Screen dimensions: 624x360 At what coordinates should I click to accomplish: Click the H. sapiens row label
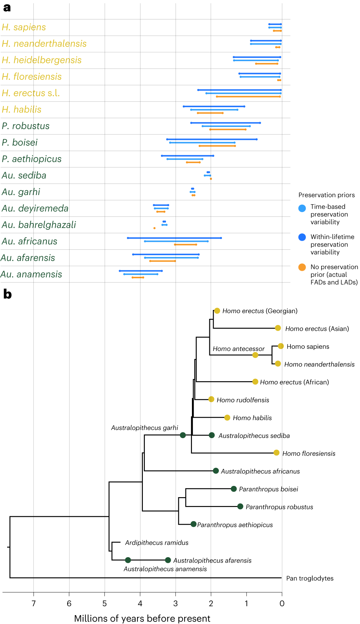pos(24,27)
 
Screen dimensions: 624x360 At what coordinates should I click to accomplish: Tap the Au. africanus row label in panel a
pos(29,241)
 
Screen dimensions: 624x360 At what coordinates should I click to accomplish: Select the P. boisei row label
pos(20,143)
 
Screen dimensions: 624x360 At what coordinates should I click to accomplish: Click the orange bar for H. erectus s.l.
pos(248,96)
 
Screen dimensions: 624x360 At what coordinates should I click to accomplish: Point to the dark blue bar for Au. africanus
pos(174,238)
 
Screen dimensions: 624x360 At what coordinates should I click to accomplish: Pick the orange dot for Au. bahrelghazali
pos(154,228)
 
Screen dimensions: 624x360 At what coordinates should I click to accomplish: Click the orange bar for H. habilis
pos(210,113)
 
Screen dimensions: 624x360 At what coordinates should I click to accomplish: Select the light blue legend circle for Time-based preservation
pos(302,208)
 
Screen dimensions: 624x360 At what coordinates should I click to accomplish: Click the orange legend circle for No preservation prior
pos(302,267)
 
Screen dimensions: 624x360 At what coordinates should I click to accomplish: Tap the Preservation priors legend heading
pos(326,195)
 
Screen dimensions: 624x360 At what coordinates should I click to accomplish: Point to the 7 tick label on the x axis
pos(33,603)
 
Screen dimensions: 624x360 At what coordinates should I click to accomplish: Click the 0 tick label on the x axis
pos(282,603)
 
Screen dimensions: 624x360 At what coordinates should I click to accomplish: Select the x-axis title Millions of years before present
pos(142,618)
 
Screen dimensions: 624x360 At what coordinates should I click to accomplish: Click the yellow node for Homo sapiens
pos(281,346)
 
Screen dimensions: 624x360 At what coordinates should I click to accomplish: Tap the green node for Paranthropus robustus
pos(240,506)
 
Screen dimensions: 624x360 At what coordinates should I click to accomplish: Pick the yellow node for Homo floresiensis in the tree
pos(276,453)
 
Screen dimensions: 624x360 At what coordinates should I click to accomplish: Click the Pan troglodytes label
pos(310,578)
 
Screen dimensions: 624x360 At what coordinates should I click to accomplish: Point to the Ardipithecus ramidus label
pos(156,543)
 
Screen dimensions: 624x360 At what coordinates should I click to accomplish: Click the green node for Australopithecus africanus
pos(216,471)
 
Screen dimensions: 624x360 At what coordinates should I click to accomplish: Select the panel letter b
pos(7,294)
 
